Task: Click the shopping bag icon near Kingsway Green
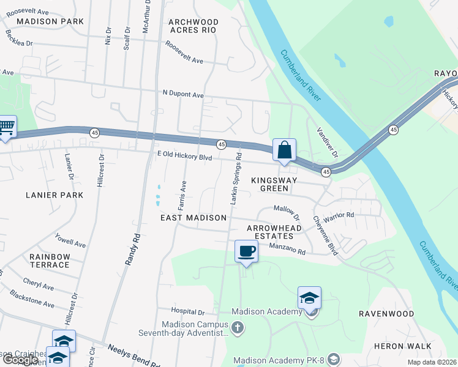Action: point(284,150)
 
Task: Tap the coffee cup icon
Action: point(246,251)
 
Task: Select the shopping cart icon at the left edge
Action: point(6,127)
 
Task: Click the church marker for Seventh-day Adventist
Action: point(238,328)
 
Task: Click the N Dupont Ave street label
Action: point(182,95)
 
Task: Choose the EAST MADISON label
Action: point(193,218)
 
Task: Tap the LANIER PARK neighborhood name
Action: point(54,195)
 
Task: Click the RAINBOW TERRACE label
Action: point(50,261)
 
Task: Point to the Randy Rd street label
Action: point(133,248)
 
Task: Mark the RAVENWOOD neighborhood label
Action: point(386,314)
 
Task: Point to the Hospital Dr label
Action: point(188,312)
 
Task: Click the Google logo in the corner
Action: point(20,360)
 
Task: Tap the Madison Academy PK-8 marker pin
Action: point(334,358)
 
